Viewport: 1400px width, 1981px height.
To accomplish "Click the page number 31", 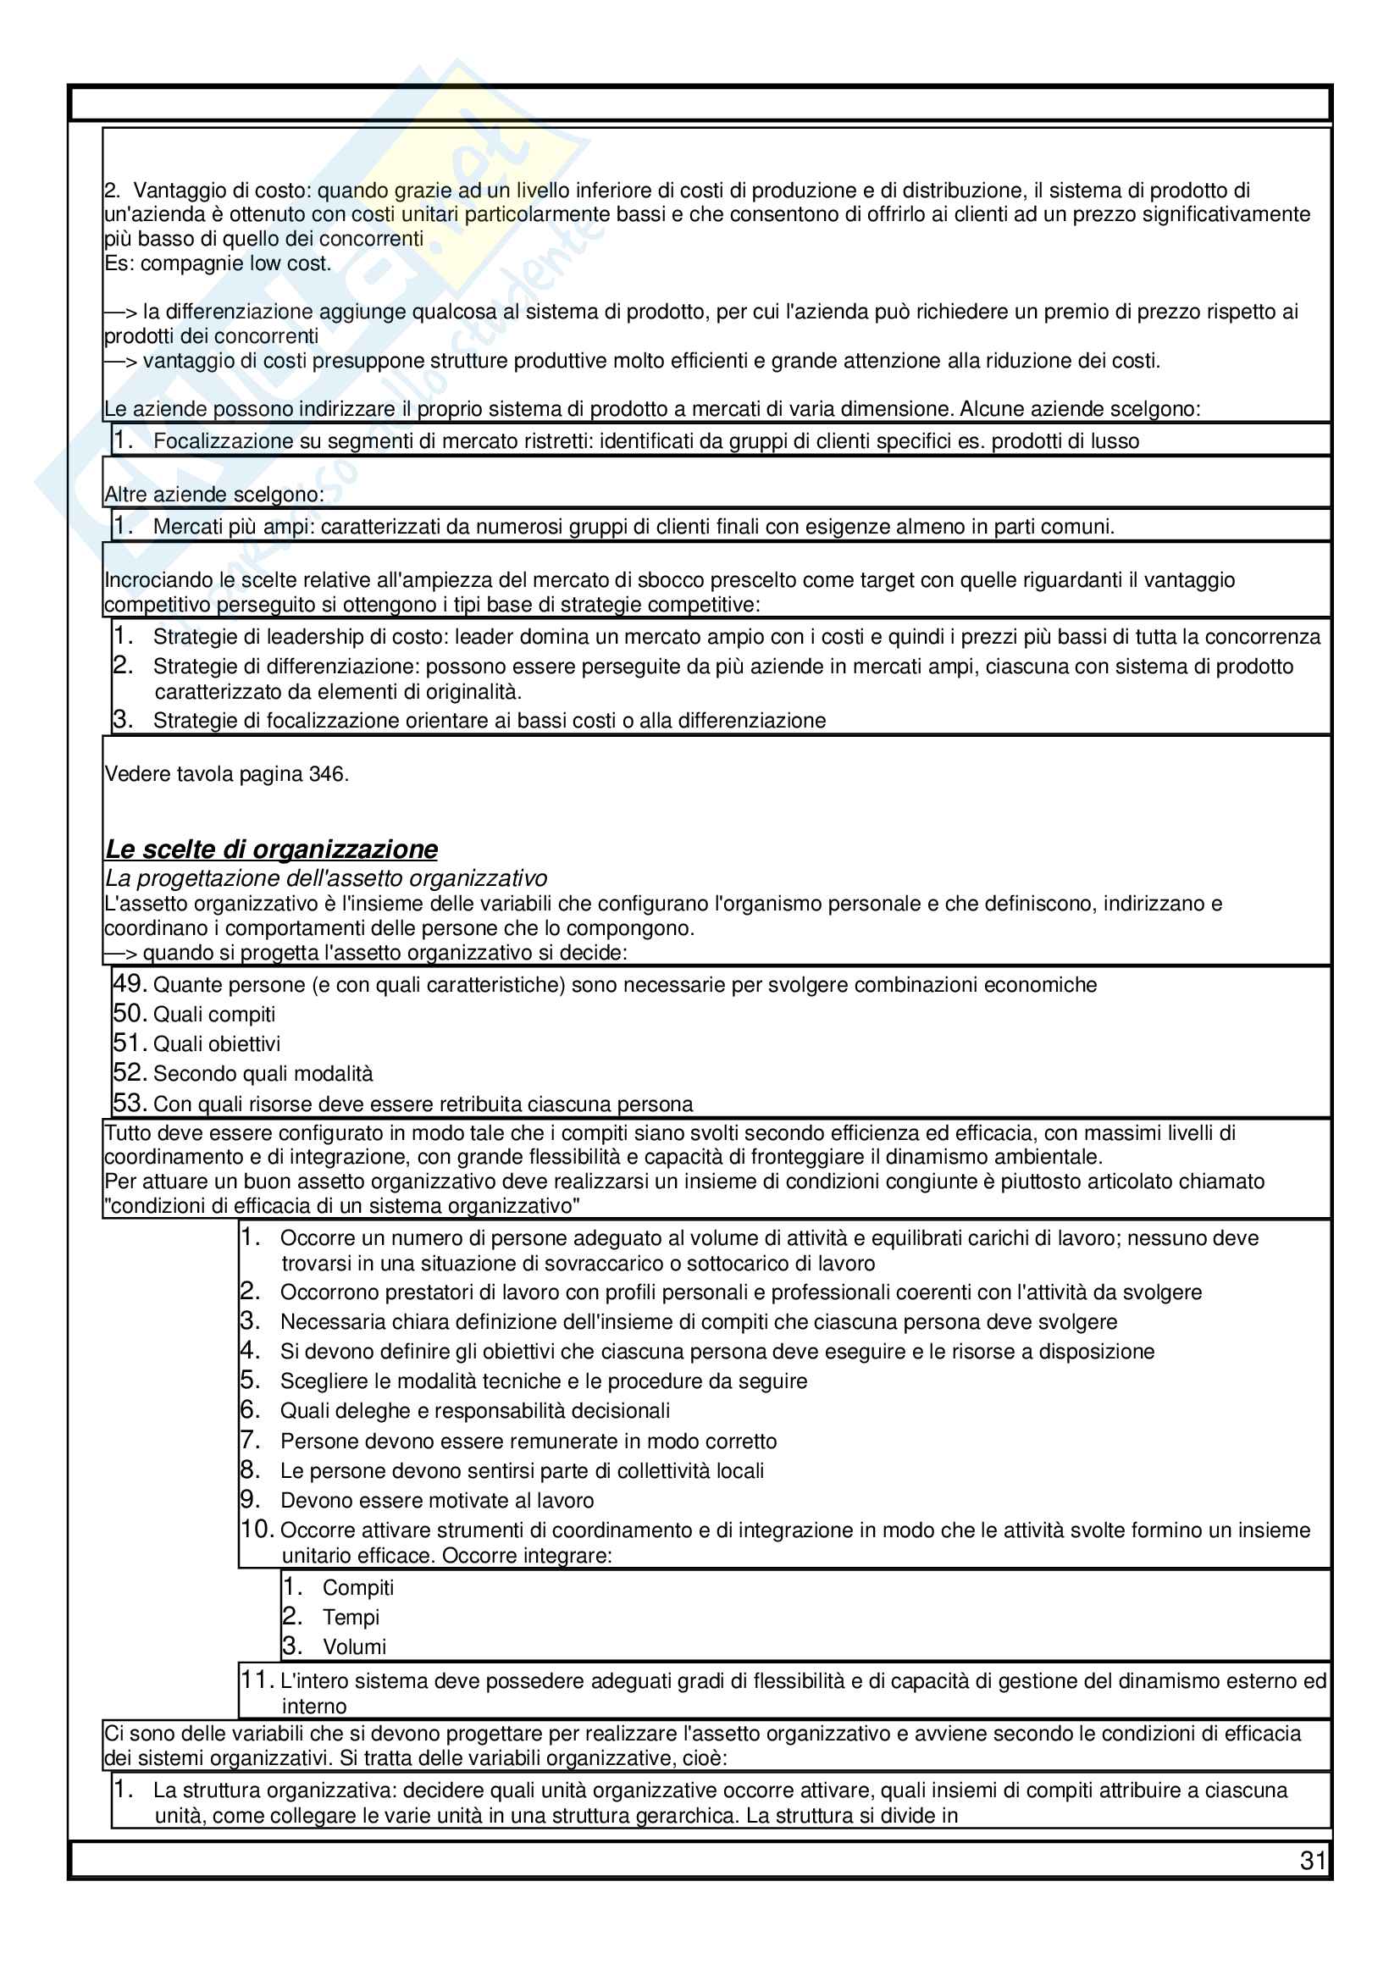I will tap(1311, 1860).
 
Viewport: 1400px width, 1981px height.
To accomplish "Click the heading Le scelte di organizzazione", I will tap(271, 849).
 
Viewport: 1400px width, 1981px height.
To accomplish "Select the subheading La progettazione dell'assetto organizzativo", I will tap(326, 878).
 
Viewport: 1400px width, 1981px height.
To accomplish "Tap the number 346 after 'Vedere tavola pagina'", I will tap(327, 774).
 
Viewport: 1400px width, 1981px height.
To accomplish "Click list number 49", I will tap(130, 983).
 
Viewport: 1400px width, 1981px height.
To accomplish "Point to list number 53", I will tap(130, 1103).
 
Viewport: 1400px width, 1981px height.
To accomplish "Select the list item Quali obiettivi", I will tap(217, 1044).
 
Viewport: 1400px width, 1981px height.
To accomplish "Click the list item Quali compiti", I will tap(214, 1014).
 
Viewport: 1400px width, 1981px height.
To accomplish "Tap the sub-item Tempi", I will tap(351, 1617).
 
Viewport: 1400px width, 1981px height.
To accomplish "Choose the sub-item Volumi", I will tap(354, 1646).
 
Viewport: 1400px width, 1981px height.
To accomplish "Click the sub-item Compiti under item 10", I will tap(358, 1587).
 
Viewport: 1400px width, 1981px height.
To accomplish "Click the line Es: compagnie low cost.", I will tap(218, 263).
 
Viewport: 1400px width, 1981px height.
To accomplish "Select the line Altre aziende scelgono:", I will tap(214, 495).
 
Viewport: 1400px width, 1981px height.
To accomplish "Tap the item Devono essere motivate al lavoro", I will tap(436, 1501).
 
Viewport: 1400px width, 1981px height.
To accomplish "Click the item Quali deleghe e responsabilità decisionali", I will tap(474, 1411).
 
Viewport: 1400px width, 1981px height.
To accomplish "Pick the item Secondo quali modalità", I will tap(263, 1073).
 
